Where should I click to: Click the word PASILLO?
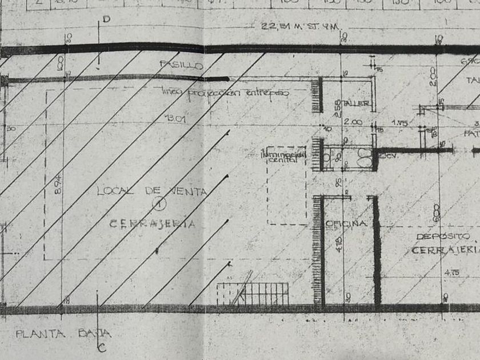(x=182, y=65)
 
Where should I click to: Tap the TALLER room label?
(x=358, y=104)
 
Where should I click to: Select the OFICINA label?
(x=346, y=223)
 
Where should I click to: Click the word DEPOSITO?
(x=443, y=236)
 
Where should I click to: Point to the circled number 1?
(x=158, y=201)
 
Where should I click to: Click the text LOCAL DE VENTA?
(x=151, y=191)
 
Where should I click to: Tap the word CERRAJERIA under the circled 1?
(x=152, y=223)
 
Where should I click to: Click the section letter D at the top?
(x=106, y=19)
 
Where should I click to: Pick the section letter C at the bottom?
(x=101, y=346)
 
